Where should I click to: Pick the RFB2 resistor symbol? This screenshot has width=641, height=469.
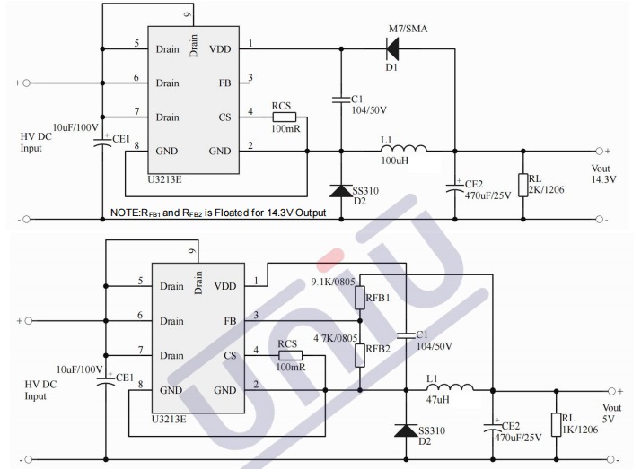click(x=359, y=354)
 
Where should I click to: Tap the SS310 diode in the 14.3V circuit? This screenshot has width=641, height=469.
click(x=342, y=190)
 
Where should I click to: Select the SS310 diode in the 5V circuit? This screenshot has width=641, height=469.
click(x=408, y=430)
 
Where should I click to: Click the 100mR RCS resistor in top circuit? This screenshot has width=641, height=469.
click(x=283, y=117)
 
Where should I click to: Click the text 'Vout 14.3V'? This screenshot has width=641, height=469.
click(x=604, y=174)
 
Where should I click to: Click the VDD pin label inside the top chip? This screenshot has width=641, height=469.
click(x=220, y=48)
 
